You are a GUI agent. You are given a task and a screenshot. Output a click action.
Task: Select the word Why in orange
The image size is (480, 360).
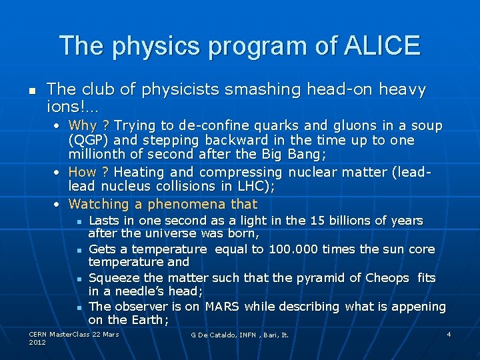click(x=83, y=125)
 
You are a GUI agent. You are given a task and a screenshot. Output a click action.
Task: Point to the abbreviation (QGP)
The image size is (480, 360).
click(x=89, y=141)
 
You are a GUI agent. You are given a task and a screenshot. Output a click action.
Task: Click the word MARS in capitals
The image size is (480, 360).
click(x=222, y=307)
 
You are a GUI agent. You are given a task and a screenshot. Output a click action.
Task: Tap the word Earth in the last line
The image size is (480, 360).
click(x=149, y=321)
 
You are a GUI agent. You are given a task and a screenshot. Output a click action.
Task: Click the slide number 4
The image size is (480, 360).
click(x=449, y=333)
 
